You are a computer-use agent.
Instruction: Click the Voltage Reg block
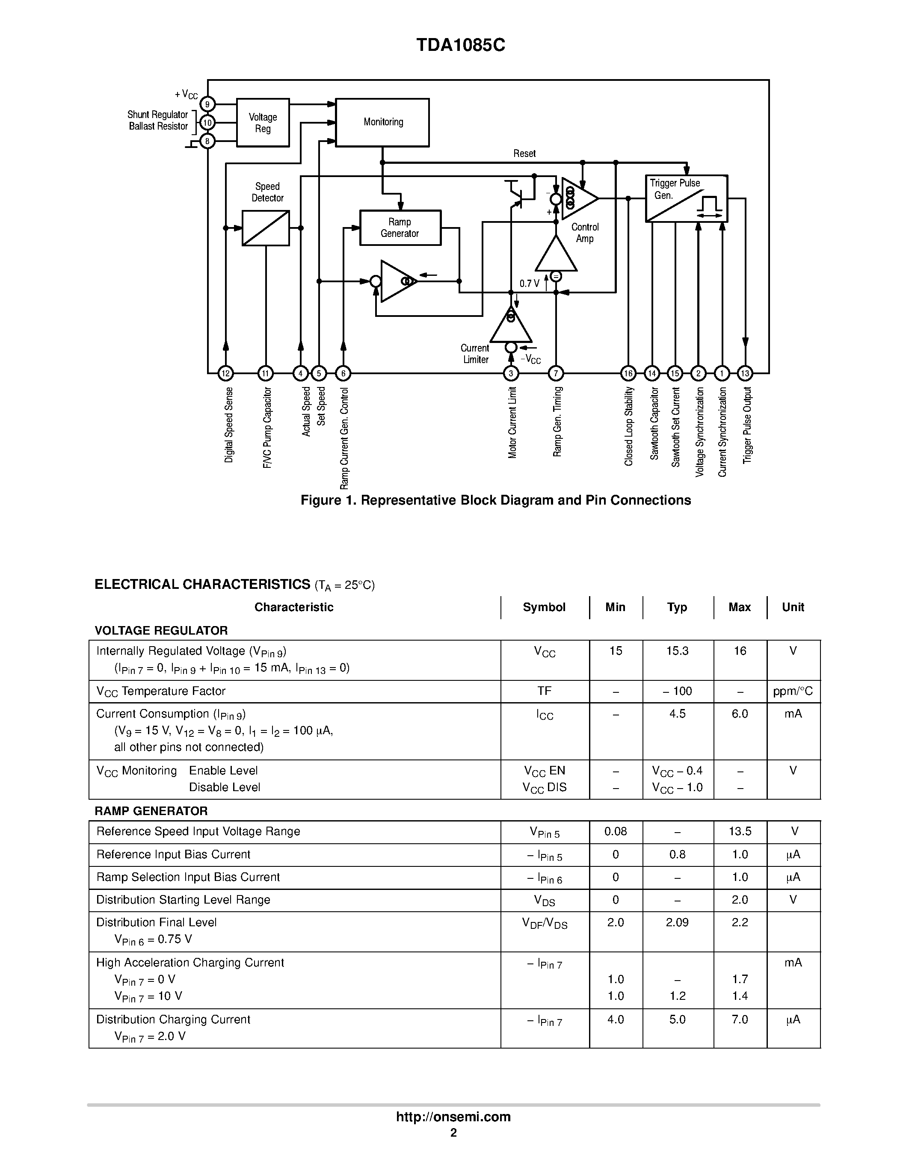pos(263,123)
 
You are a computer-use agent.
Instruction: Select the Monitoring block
pos(382,122)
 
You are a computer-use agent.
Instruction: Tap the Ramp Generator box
pos(400,228)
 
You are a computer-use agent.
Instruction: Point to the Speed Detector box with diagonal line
pos(266,228)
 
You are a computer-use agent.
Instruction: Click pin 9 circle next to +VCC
pos(207,104)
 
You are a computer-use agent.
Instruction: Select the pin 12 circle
pos(225,373)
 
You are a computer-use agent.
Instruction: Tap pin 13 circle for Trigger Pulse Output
pos(745,373)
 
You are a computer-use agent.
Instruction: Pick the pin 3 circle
pos(510,373)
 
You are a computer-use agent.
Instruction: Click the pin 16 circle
pos(628,373)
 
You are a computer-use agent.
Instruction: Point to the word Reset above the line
pos(524,154)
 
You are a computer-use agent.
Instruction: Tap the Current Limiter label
pos(475,354)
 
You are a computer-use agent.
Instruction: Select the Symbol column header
pos(544,607)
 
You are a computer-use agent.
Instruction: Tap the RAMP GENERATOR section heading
pos(151,811)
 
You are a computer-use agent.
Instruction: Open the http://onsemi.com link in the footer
pos(453,1117)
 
